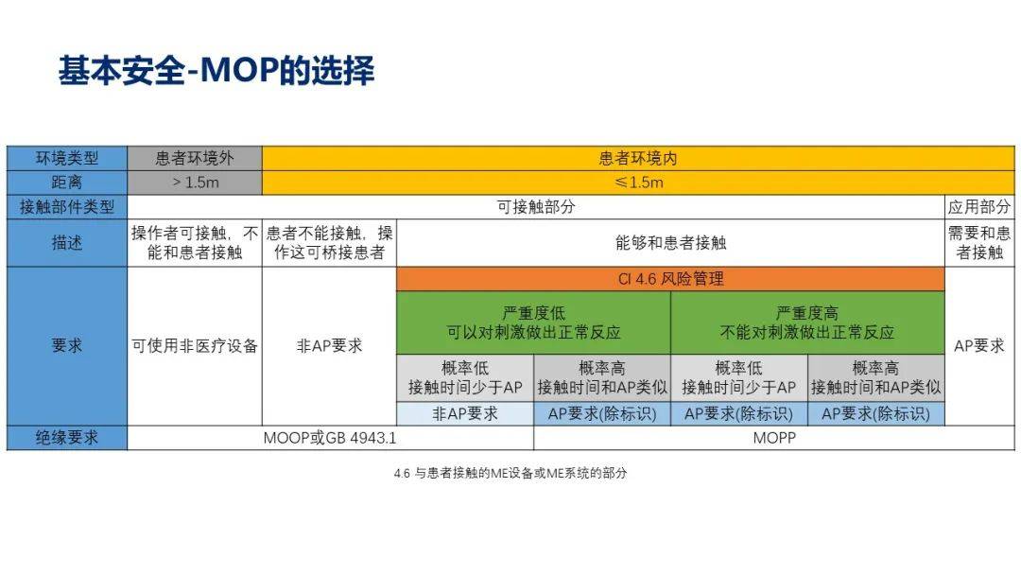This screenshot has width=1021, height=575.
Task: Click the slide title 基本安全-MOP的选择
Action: point(216,72)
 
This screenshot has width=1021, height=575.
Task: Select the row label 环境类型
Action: point(66,158)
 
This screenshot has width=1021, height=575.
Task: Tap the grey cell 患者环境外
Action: point(195,158)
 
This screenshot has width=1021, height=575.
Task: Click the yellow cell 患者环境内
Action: point(638,158)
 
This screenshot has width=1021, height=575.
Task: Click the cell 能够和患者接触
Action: point(670,243)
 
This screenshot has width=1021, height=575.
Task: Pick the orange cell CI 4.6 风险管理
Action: point(670,279)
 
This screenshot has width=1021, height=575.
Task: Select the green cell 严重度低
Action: point(533,322)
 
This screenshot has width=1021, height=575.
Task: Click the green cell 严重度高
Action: point(807,322)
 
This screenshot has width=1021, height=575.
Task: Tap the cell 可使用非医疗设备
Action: point(195,345)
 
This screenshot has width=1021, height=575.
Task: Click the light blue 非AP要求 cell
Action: point(464,413)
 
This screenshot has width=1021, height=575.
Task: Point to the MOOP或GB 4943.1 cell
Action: point(330,438)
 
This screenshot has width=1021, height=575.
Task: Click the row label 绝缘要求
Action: point(66,438)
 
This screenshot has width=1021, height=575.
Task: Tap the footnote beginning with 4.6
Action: point(510,473)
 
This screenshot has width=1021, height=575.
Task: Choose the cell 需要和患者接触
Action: point(978,243)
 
